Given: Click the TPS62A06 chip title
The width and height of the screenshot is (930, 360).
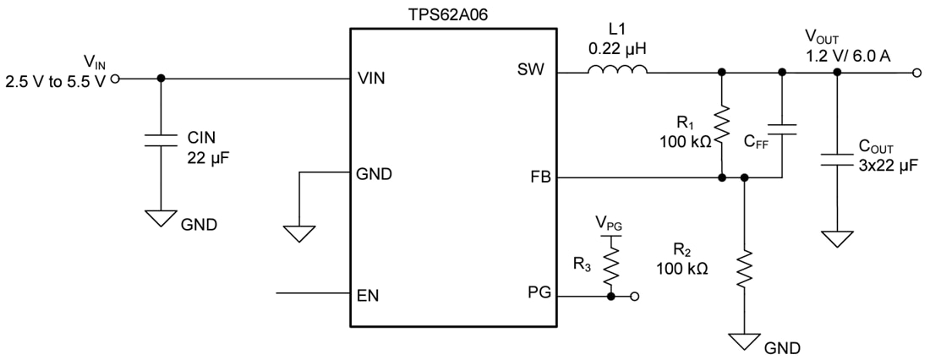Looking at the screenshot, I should point(453,14).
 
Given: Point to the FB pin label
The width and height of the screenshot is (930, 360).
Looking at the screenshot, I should point(538,178).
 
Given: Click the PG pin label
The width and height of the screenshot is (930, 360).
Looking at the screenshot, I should point(538,292).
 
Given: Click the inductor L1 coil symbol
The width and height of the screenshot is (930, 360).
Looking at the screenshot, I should point(618,71).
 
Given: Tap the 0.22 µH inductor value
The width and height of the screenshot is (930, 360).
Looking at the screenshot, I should point(618,50).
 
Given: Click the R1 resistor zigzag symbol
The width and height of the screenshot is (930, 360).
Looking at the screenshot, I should point(721,125).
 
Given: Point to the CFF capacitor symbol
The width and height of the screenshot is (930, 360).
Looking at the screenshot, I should point(782,129).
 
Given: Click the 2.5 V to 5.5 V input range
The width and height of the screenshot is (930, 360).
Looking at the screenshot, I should point(55,81).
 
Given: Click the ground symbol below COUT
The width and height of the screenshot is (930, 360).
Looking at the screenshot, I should point(837,237).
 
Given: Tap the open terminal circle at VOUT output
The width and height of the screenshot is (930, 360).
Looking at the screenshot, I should point(918,74).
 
